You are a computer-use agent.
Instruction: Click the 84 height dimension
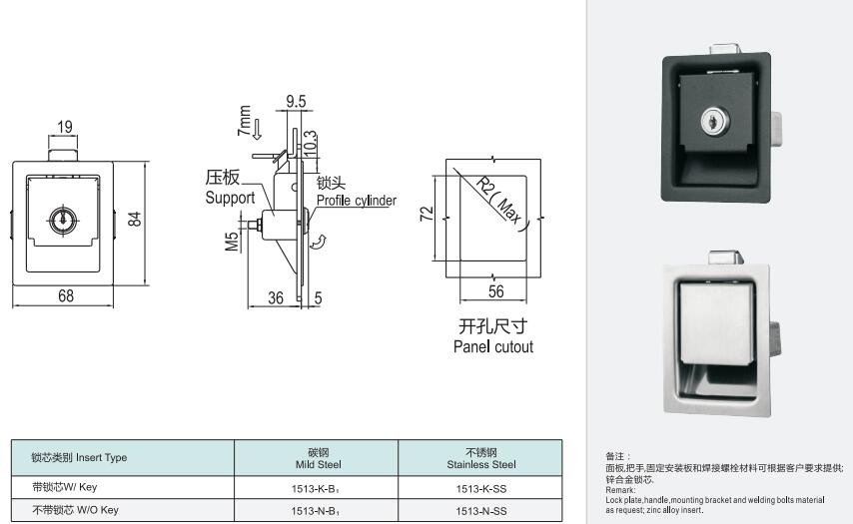(x=135, y=219)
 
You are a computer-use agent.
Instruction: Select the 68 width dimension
(x=66, y=295)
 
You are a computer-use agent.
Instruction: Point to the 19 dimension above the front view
(x=65, y=127)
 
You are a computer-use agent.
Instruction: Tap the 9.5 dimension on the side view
(x=296, y=101)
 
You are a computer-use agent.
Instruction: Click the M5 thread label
(x=233, y=242)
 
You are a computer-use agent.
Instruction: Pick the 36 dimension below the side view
(x=276, y=297)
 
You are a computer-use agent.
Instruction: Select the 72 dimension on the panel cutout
(x=427, y=213)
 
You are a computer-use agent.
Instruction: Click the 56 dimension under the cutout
(x=496, y=291)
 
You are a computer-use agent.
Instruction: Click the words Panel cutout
(x=493, y=346)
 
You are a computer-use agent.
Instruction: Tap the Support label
(x=230, y=198)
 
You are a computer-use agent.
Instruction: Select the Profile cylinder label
(x=357, y=201)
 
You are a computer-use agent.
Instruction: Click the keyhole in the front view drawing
(x=64, y=221)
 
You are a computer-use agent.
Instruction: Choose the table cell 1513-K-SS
(x=481, y=489)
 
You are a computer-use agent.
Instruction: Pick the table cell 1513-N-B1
(x=316, y=511)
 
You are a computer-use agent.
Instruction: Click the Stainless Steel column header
(x=481, y=465)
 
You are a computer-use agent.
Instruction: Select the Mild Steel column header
(x=319, y=465)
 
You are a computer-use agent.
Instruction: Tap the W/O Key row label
(x=75, y=510)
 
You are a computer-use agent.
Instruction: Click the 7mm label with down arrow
(x=249, y=122)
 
